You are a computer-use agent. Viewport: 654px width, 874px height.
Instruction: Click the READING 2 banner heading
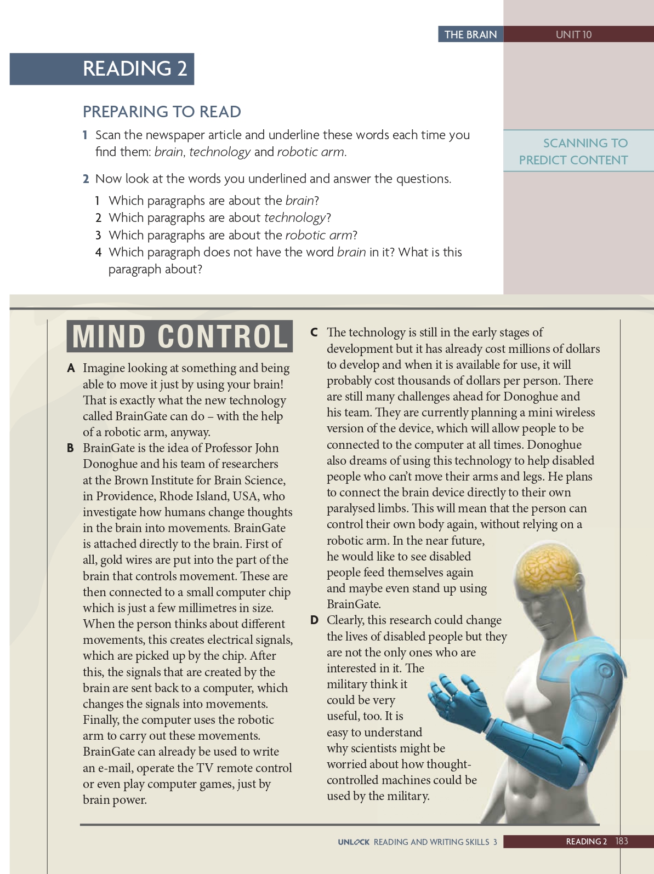coord(135,69)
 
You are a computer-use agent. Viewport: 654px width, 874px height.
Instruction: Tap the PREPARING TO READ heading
coord(162,112)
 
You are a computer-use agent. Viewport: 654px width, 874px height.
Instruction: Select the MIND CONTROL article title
coord(180,336)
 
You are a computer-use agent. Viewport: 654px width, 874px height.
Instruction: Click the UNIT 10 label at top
coord(573,35)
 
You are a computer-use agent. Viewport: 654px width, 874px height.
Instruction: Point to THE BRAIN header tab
coord(470,35)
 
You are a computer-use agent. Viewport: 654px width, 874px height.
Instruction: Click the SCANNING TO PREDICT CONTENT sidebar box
coord(578,151)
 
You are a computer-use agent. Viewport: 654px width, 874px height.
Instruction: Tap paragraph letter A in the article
coord(71,368)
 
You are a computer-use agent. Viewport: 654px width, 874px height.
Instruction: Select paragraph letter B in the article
coord(70,448)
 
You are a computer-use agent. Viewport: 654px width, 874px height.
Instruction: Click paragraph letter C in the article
coord(314,333)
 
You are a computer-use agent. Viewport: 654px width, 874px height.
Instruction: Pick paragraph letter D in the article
coord(314,620)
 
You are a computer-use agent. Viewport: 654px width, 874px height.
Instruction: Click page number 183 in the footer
coord(622,841)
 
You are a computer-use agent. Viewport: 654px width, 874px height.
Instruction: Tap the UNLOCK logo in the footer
coord(354,842)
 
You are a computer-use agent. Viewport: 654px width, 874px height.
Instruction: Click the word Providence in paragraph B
coord(124,496)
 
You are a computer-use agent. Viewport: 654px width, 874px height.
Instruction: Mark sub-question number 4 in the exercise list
coord(99,253)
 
